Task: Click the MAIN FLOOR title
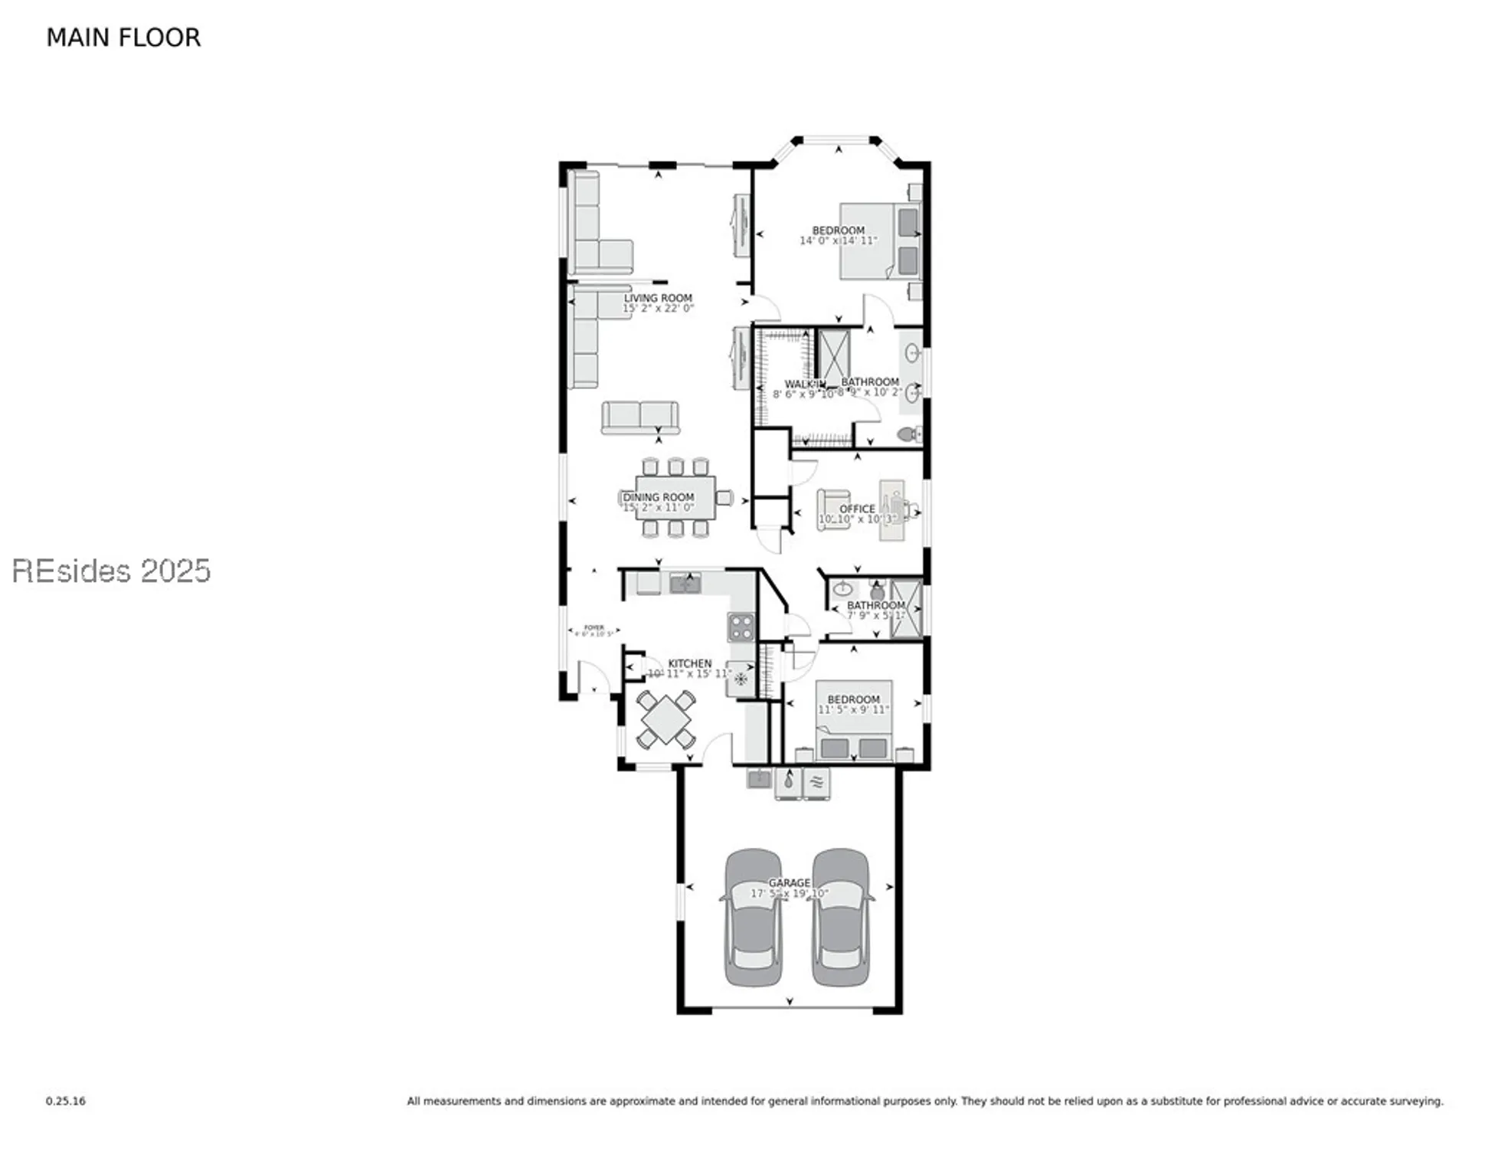pyautogui.click(x=123, y=38)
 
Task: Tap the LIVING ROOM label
pyautogui.click(x=657, y=298)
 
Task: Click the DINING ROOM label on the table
pyautogui.click(x=658, y=497)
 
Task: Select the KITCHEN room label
pyautogui.click(x=689, y=663)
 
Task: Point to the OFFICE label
pyautogui.click(x=856, y=509)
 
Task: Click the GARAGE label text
pyautogui.click(x=789, y=883)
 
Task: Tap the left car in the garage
pyautogui.click(x=754, y=918)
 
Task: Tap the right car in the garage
pyautogui.click(x=841, y=918)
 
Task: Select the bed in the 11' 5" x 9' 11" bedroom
pyautogui.click(x=853, y=720)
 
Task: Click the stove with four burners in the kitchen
pyautogui.click(x=741, y=627)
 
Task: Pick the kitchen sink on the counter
pyautogui.click(x=685, y=584)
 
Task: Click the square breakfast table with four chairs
pyautogui.click(x=666, y=719)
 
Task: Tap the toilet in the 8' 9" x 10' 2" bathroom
pyautogui.click(x=908, y=434)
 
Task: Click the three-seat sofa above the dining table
pyautogui.click(x=639, y=417)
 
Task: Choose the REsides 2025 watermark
pyautogui.click(x=111, y=571)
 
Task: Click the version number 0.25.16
pyautogui.click(x=66, y=1102)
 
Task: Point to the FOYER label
pyautogui.click(x=594, y=627)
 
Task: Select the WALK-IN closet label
pyautogui.click(x=804, y=384)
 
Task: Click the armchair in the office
pyautogui.click(x=832, y=509)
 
